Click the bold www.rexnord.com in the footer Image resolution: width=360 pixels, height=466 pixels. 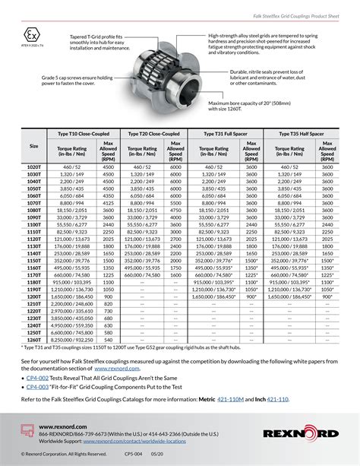point(62,427)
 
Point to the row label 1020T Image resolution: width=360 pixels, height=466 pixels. point(34,166)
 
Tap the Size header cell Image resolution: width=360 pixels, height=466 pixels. point(34,146)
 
